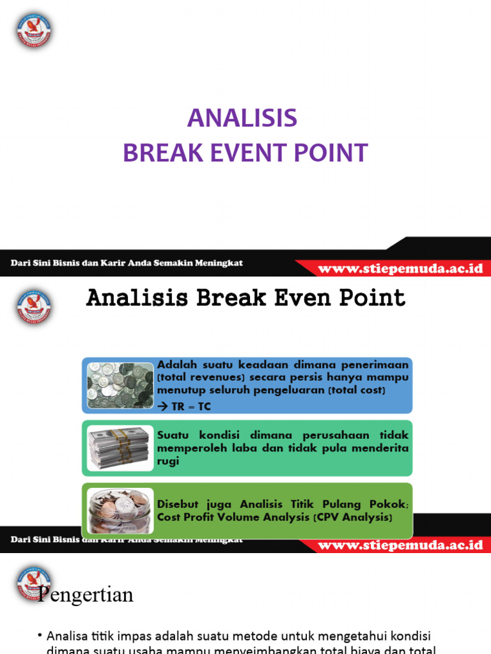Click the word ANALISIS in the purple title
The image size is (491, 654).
click(242, 118)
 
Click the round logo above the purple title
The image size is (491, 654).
click(34, 30)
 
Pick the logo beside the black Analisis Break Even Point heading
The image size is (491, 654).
click(34, 306)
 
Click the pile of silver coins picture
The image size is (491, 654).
click(120, 385)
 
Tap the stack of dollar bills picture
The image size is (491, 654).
click(120, 447)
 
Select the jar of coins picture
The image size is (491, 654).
click(120, 510)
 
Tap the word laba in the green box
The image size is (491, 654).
click(242, 448)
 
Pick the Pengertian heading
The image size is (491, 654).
click(86, 595)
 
